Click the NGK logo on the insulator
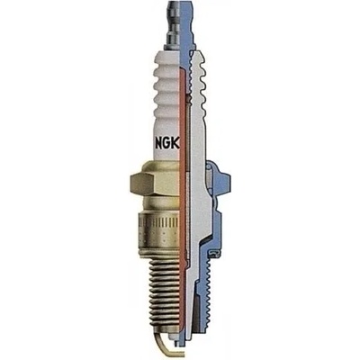click(x=167, y=144)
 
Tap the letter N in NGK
click(x=159, y=144)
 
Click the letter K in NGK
click(x=175, y=144)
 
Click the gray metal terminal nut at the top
click(x=174, y=25)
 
